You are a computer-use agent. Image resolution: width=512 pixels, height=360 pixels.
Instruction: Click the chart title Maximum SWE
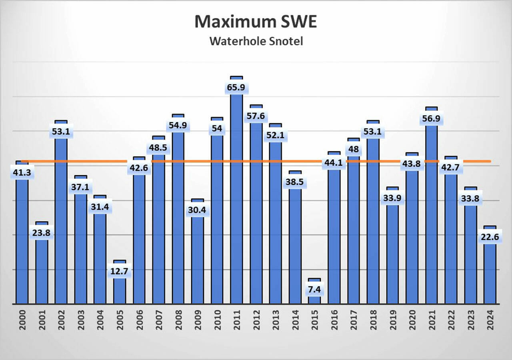[256, 22]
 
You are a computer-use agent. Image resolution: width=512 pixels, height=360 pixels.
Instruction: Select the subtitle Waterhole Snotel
[256, 41]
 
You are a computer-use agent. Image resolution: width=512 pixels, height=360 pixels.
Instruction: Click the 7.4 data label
[314, 289]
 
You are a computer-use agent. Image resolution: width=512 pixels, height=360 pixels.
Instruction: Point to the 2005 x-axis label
[120, 320]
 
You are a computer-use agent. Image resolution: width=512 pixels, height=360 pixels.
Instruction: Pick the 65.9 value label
[236, 87]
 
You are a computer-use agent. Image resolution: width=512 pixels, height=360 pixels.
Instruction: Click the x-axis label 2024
[490, 320]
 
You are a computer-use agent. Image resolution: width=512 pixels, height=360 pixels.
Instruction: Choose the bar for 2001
[42, 272]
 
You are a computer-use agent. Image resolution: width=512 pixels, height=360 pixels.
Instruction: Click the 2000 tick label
[22, 320]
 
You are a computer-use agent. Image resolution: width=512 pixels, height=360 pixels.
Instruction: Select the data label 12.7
[120, 271]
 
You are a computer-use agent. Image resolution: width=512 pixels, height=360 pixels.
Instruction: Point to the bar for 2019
[392, 256]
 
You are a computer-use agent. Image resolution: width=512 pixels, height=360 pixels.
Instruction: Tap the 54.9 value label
[178, 125]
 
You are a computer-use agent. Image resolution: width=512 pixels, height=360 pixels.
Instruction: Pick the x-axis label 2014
[295, 320]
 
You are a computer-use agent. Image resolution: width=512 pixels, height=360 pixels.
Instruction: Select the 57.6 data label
[256, 116]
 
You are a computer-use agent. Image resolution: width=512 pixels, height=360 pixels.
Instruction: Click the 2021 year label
[431, 320]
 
